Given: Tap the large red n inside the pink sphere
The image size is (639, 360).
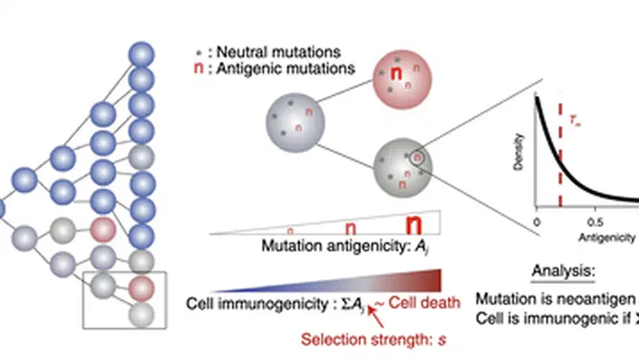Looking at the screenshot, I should coord(399,75).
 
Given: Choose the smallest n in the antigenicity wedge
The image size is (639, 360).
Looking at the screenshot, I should coord(290,230).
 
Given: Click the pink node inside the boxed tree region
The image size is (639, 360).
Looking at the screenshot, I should coord(140,287).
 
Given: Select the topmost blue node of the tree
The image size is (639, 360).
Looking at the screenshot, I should coord(142,54).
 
